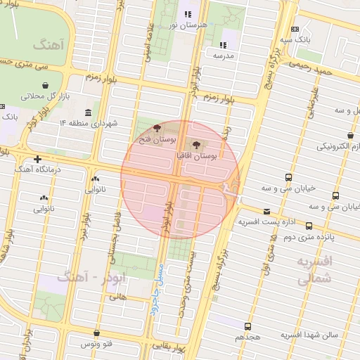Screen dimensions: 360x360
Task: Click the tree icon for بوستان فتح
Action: (x=156, y=129)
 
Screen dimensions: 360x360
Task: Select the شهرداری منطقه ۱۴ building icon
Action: (x=88, y=113)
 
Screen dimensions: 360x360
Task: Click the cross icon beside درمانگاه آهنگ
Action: (x=37, y=160)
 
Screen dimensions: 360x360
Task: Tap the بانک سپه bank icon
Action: (x=294, y=29)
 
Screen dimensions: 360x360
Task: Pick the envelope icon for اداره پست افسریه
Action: (x=266, y=212)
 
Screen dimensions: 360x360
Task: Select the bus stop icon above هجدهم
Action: (x=247, y=326)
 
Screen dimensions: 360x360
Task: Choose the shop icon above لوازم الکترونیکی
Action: (x=350, y=135)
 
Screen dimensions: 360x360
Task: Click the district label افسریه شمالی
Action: (x=315, y=270)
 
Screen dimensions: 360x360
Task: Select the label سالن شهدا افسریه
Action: (x=309, y=335)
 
